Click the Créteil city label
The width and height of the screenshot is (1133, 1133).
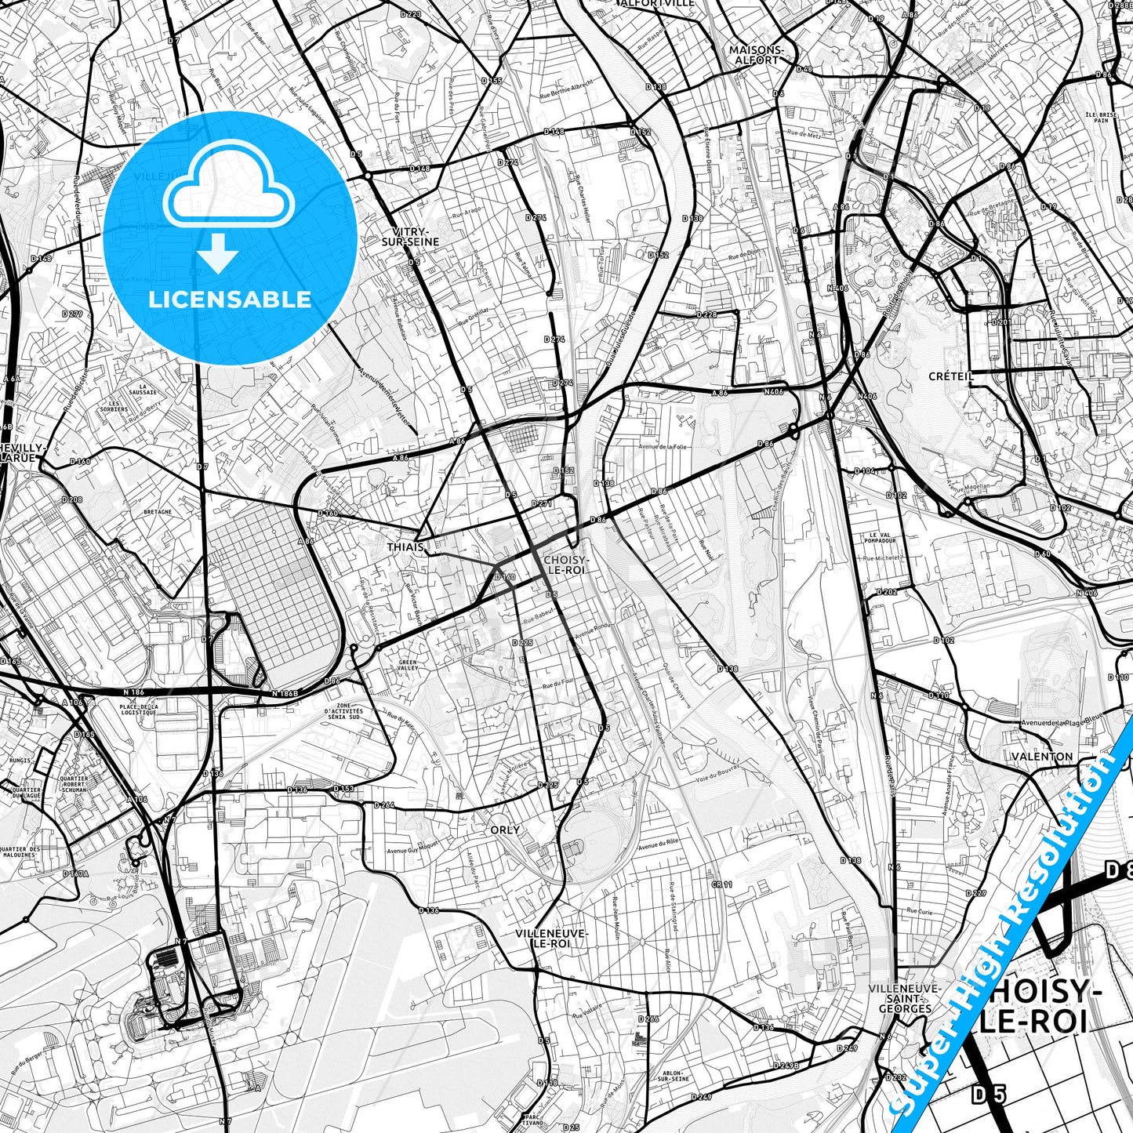point(950,376)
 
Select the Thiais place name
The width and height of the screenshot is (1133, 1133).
point(405,547)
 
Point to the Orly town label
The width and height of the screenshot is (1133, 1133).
point(504,830)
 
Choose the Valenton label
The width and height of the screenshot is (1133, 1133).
point(1043,757)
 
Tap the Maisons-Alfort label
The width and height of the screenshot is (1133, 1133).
point(756,54)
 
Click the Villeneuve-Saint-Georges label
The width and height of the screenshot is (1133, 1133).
point(904,999)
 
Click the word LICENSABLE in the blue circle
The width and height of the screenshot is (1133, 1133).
point(230,300)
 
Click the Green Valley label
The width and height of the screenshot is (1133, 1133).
point(408,666)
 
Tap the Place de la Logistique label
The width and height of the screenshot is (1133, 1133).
point(139,710)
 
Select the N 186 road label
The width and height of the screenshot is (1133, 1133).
point(133,692)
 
